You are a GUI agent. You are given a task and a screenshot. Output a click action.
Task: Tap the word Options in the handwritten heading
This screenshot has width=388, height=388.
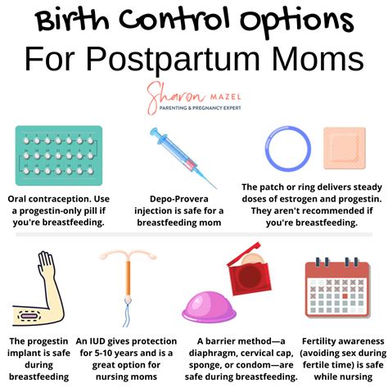coord(297,21)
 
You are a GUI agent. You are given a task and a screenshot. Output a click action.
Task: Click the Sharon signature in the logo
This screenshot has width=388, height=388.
coord(176,97)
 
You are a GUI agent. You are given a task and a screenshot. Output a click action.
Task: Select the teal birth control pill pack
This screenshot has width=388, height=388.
coord(59,156)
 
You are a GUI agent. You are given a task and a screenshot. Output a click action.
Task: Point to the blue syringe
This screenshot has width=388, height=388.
coord(183,158)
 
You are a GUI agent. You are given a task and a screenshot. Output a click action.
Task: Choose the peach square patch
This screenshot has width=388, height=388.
coord(345,148)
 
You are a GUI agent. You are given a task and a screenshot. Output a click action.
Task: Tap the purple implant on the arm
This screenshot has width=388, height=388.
coord(29,316)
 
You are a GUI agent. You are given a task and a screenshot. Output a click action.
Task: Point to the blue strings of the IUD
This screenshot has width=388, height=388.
coord(128,313)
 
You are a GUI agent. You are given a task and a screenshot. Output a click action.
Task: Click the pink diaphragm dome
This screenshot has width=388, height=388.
coord(209,305)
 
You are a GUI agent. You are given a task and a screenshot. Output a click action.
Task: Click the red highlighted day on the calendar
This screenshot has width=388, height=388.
coord(345,296)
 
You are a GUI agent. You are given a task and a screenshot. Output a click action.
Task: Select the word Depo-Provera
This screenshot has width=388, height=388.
coord(179,199)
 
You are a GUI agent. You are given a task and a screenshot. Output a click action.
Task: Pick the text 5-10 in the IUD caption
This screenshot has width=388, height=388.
coord(103,353)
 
